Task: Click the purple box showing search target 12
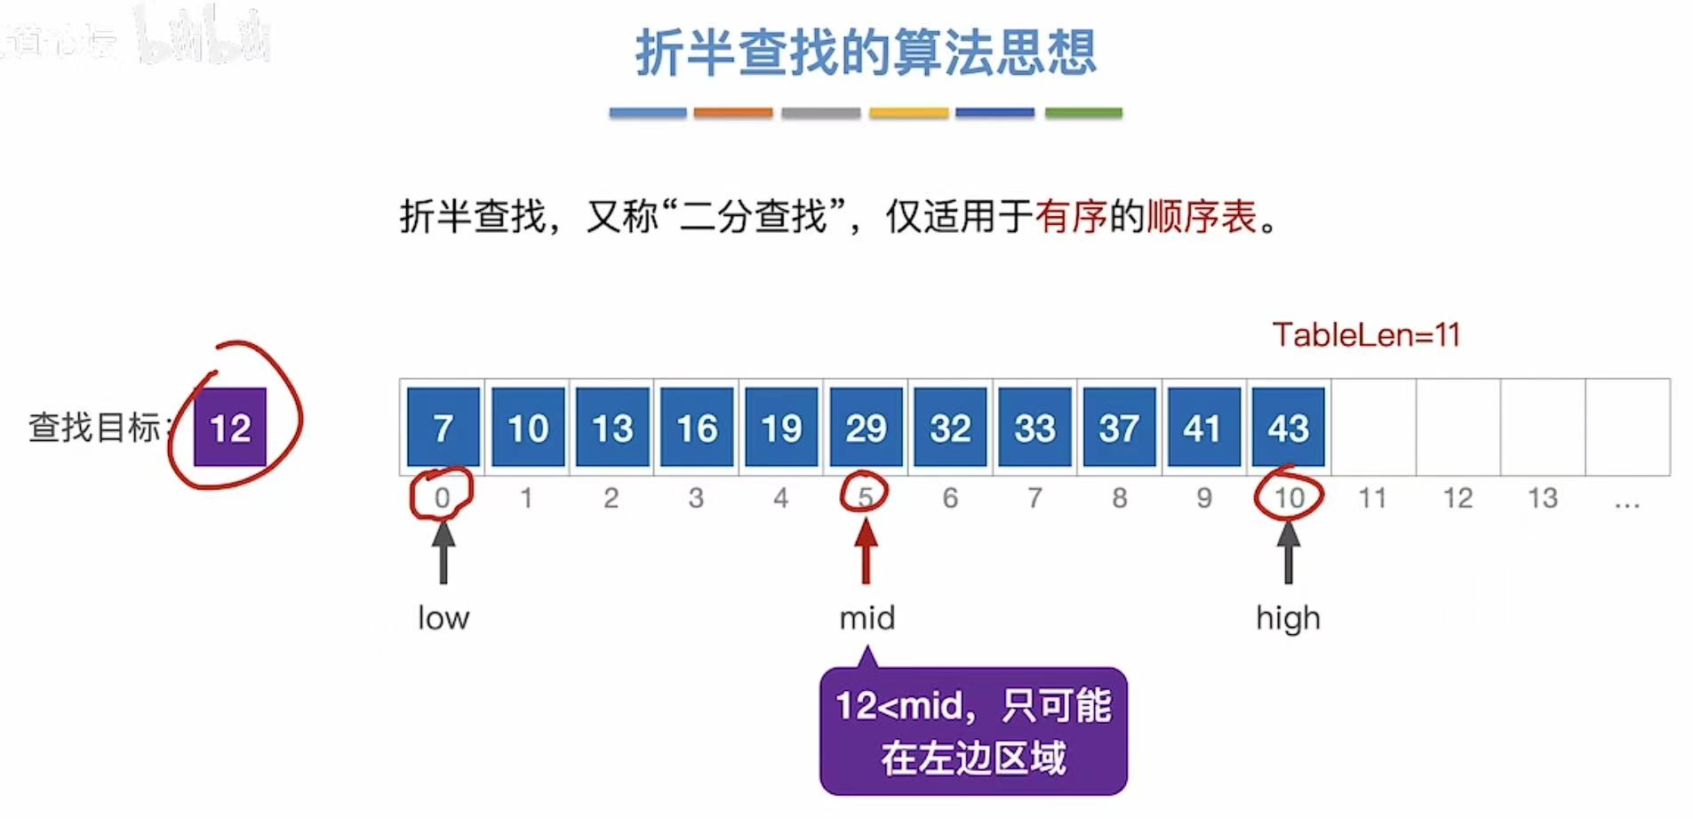(x=230, y=428)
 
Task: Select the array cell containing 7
(x=443, y=428)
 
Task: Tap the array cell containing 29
(x=866, y=428)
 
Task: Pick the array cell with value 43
(x=1288, y=428)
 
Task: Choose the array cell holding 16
(x=697, y=428)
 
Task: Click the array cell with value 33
(x=1034, y=428)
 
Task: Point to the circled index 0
(x=442, y=497)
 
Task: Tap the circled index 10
(x=1289, y=497)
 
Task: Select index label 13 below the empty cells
(x=1542, y=498)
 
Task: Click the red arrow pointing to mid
(x=866, y=550)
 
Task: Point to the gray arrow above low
(x=443, y=550)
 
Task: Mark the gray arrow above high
(x=1288, y=550)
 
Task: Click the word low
(x=443, y=618)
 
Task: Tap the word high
(x=1288, y=618)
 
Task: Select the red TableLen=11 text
(x=1366, y=335)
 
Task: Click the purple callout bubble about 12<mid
(x=973, y=732)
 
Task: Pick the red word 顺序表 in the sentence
(x=1202, y=216)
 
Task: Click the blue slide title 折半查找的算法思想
(x=866, y=52)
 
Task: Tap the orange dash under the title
(x=732, y=113)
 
